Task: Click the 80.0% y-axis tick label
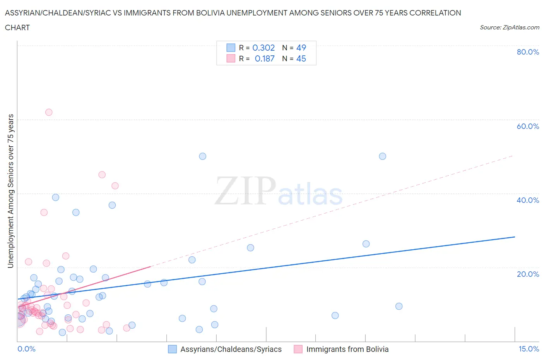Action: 528,52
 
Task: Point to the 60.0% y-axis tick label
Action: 528,126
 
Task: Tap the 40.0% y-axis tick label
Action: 528,200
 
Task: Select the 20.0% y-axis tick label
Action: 528,274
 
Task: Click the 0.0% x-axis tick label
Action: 26,349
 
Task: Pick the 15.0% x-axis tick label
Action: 529,349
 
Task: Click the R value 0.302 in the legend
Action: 263,48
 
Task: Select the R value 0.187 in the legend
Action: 265,58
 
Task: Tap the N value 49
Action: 301,48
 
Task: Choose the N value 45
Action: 301,58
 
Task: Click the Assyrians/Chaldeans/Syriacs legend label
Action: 231,349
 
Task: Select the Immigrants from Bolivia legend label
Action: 347,349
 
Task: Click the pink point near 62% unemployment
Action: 49,112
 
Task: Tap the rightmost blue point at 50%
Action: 382,156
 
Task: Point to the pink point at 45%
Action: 102,175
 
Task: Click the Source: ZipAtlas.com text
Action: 509,27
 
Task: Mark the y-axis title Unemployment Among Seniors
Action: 10,191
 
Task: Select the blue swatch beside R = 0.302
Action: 231,48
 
